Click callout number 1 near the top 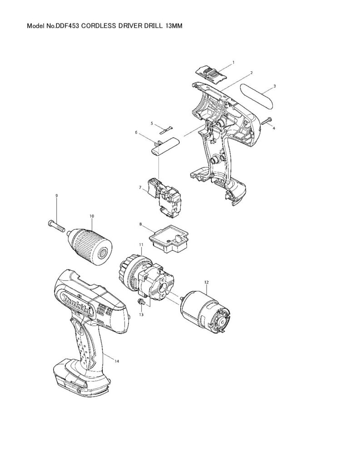pyautogui.click(x=233, y=62)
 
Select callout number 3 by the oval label pyautogui.click(x=275, y=86)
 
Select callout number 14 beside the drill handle pyautogui.click(x=117, y=361)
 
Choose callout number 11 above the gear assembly pyautogui.click(x=141, y=245)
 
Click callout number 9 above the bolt pyautogui.click(x=57, y=195)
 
